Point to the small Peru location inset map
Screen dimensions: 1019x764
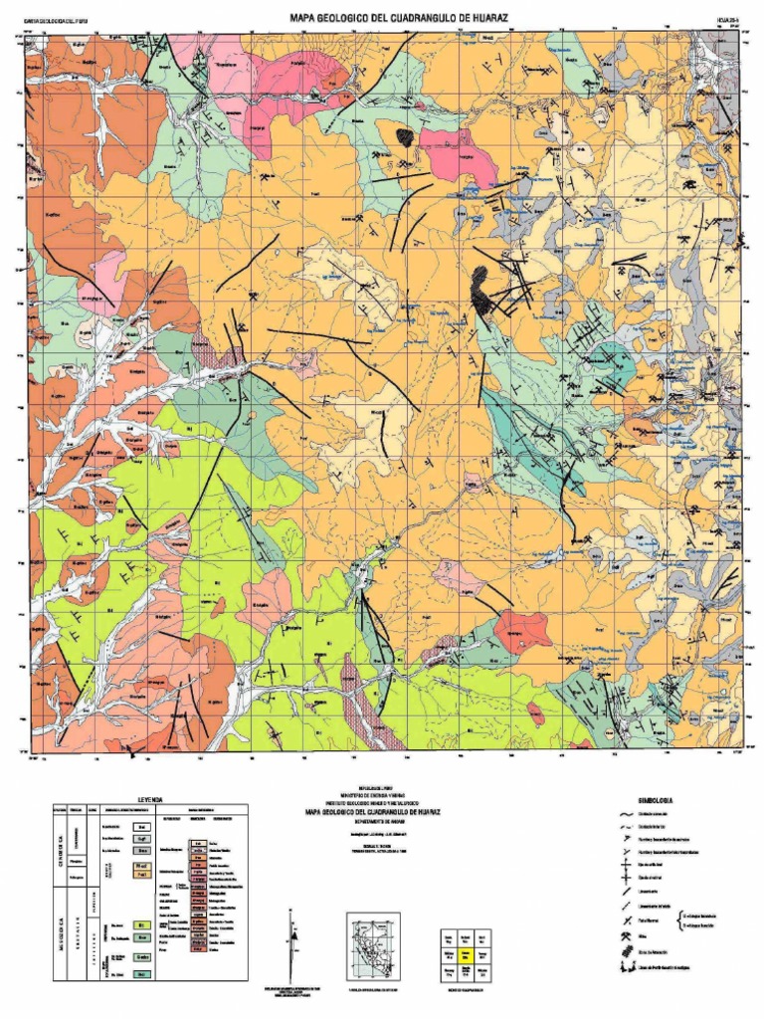click(372, 944)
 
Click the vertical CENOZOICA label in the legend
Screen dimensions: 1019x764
click(61, 851)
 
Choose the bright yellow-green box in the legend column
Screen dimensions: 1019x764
click(141, 924)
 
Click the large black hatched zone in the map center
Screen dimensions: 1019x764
click(481, 291)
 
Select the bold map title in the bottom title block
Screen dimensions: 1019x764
click(382, 812)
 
